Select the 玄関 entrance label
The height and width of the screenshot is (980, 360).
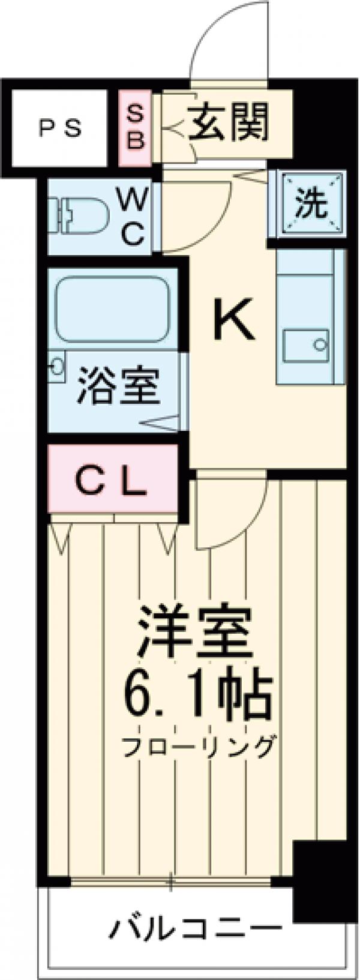coord(229,122)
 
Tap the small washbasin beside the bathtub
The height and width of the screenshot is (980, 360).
coord(57,367)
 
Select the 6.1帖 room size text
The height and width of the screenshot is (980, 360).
coord(198,697)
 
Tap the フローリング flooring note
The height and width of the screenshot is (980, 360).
coord(199,746)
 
